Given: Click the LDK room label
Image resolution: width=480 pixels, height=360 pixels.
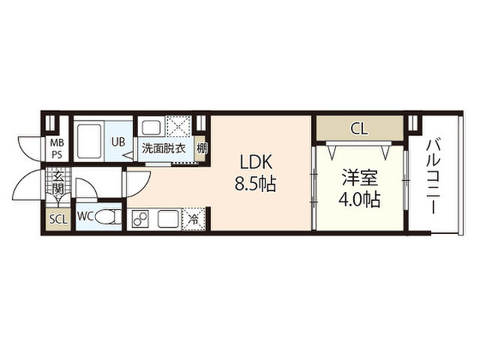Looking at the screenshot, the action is coord(256,163).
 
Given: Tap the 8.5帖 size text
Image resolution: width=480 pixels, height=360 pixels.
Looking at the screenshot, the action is coord(256,184).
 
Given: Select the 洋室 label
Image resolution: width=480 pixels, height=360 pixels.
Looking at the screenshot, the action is coord(360,178).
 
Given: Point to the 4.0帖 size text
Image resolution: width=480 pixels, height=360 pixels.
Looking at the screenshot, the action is coord(360,199).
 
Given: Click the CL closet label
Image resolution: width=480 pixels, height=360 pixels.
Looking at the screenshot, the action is coord(359,129).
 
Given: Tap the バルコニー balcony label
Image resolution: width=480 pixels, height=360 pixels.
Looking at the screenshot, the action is coord(433,176).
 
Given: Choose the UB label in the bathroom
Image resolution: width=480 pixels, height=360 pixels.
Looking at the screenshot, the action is coord(118,142).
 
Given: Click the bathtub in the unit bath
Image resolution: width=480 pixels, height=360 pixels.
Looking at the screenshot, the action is coord(88,140).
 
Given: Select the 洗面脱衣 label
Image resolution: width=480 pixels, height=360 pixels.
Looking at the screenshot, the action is coord(163,148).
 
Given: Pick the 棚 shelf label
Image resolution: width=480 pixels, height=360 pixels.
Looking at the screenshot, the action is coord(202,149).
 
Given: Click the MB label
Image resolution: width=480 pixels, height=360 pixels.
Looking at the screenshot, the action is coord(57,143).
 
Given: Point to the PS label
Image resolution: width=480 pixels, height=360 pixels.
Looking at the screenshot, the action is coord(57,154).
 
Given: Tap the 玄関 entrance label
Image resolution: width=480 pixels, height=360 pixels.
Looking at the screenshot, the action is coord(58,183).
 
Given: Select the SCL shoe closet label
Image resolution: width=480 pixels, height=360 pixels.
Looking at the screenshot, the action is coord(58,219).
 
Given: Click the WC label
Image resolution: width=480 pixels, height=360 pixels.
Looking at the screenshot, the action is coord(85,217).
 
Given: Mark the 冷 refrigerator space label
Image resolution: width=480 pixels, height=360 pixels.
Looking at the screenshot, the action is coord(193,220).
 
